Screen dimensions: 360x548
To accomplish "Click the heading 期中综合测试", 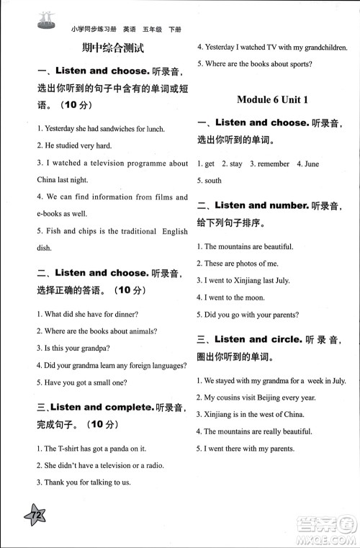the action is pos(113,49).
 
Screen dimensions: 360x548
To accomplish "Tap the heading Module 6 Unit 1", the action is pos(272,100).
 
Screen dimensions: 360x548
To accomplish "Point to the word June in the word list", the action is pos(311,164).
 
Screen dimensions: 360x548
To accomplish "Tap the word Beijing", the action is pos(275,397).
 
